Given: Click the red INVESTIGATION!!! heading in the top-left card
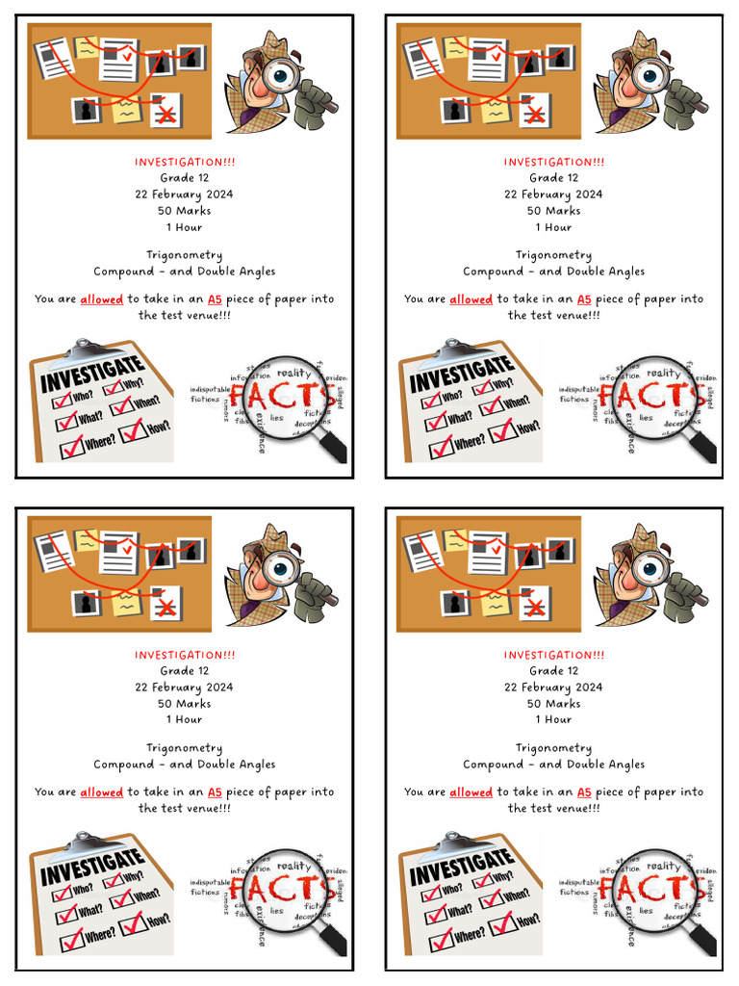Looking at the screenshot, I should [185, 162].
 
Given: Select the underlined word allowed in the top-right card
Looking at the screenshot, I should [471, 299].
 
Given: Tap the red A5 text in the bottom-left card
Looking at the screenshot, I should [216, 792].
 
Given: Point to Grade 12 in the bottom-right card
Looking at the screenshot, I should [554, 671].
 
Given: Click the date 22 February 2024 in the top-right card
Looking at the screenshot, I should [554, 195].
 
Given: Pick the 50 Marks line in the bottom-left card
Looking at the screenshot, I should [185, 704].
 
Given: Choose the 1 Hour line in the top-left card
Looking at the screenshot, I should [185, 227].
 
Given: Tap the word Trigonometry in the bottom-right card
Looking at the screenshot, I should [554, 748].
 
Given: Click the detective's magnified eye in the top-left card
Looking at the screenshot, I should [282, 73].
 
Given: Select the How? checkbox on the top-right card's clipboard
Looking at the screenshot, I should [502, 431].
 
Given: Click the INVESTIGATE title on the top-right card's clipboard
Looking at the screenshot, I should [462, 375].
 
